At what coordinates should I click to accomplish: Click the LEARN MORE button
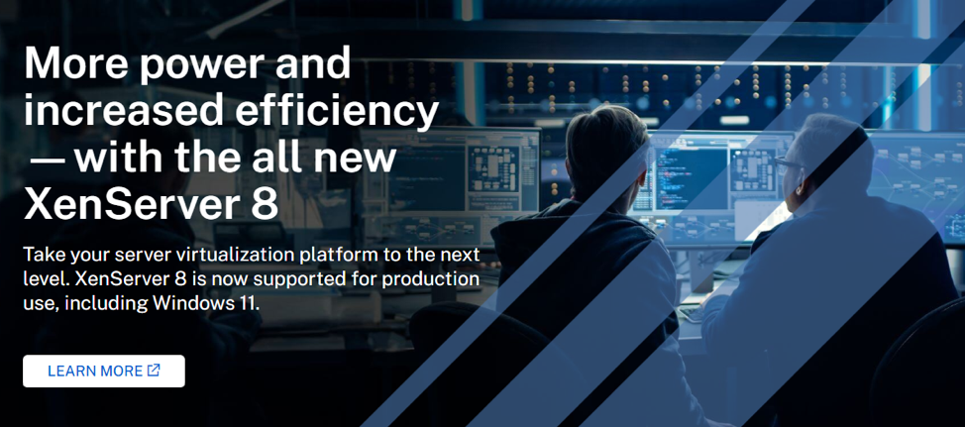tap(103, 372)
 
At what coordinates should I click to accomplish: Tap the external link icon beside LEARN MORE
tap(154, 371)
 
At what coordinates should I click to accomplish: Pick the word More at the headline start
tap(71, 64)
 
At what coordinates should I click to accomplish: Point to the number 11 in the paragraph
tap(247, 302)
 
